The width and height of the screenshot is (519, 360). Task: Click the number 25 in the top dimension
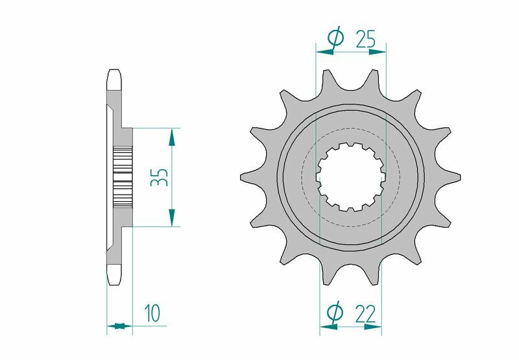[365, 40]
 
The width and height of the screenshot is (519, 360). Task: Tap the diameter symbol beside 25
[335, 39]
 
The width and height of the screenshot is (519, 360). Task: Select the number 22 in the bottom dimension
[365, 314]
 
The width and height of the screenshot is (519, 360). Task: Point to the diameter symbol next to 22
[335, 314]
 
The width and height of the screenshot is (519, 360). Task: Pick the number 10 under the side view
[153, 314]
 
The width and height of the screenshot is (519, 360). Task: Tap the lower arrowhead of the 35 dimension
[172, 219]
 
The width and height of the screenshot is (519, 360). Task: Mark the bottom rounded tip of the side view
[115, 277]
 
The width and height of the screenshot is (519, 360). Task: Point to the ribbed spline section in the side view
[123, 176]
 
